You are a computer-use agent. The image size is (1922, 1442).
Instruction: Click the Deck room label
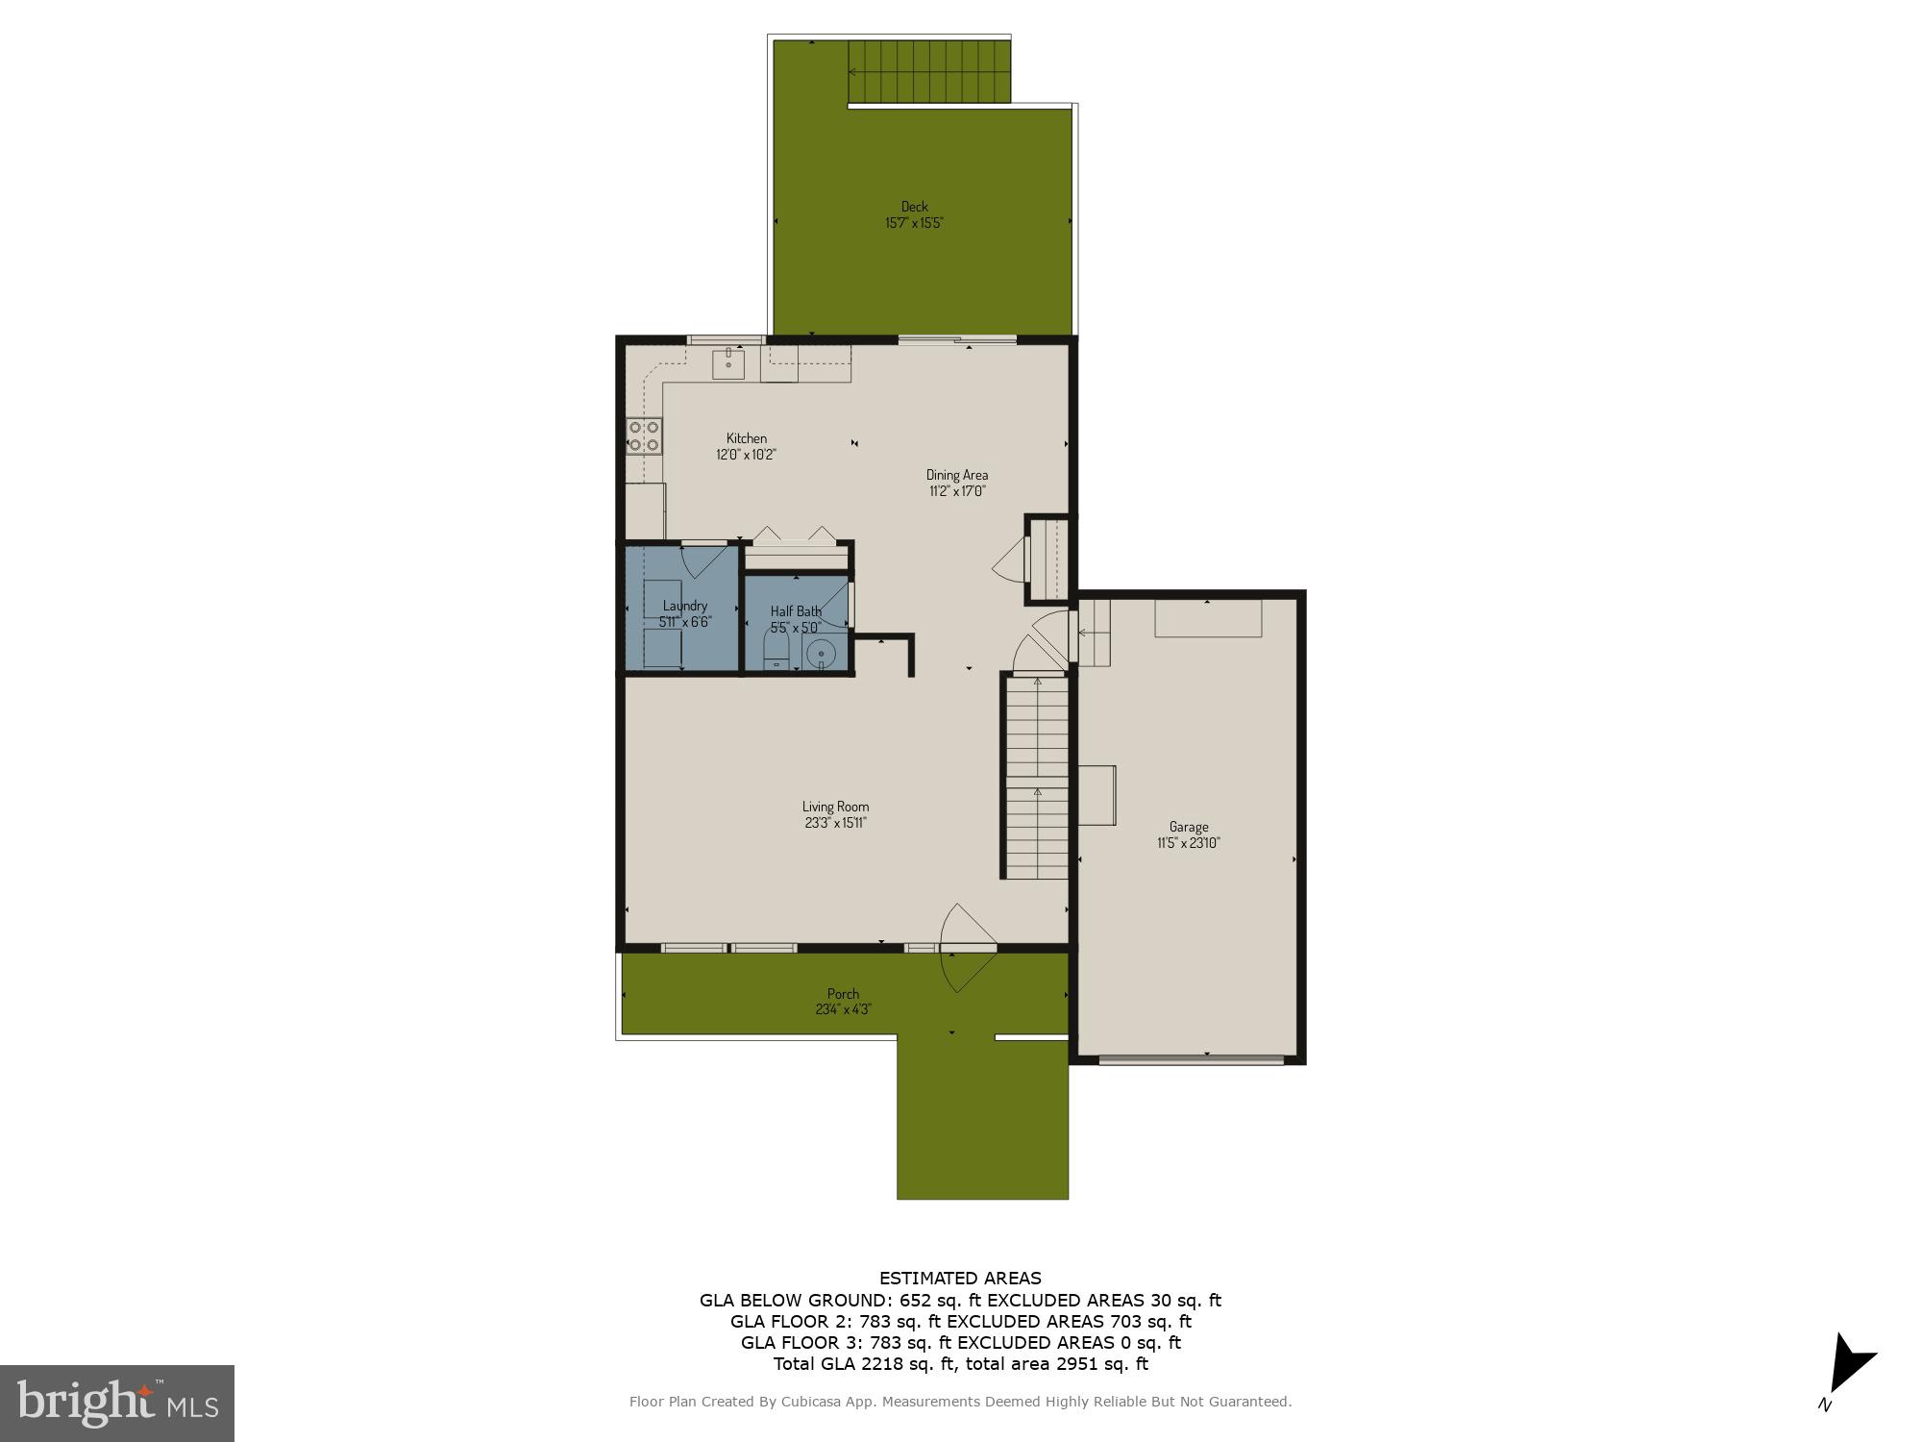pyautogui.click(x=914, y=206)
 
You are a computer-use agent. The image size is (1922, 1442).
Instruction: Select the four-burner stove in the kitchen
pyautogui.click(x=644, y=435)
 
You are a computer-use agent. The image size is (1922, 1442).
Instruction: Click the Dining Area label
pyautogui.click(x=956, y=474)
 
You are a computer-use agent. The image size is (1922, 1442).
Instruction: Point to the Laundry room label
pyautogui.click(x=684, y=606)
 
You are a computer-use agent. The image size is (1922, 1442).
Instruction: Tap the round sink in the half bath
pyautogui.click(x=821, y=654)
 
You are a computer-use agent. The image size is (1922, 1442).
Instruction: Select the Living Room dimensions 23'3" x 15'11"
pyautogui.click(x=835, y=823)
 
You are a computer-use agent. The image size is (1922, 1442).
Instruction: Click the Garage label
pyautogui.click(x=1189, y=826)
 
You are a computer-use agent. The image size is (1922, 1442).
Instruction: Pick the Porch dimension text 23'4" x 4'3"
pyautogui.click(x=843, y=1009)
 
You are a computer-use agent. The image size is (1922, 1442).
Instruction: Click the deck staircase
pyautogui.click(x=928, y=71)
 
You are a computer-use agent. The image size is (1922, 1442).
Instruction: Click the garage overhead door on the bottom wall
pyautogui.click(x=1191, y=1060)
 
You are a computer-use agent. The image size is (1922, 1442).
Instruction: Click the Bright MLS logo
pyautogui.click(x=116, y=1403)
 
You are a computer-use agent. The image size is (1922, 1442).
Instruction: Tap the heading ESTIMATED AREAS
pyautogui.click(x=960, y=1279)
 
